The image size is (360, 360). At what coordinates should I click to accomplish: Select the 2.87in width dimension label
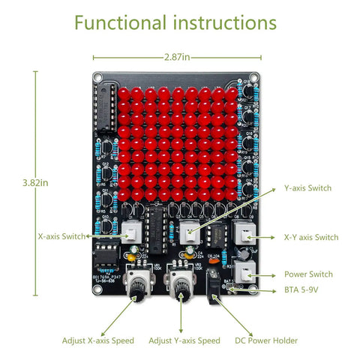[177, 57]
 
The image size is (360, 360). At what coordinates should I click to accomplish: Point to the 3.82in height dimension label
[35, 183]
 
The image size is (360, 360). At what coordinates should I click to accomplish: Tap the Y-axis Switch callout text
[307, 188]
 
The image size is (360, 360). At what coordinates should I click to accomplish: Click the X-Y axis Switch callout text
[311, 237]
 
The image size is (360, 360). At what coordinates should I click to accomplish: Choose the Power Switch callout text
[308, 274]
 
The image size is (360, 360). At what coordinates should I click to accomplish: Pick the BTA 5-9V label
[301, 289]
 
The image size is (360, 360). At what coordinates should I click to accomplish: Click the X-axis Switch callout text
[61, 236]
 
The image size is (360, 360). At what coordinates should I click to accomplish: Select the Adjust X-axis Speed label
[98, 340]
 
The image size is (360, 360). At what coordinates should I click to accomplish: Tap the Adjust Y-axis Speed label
[184, 340]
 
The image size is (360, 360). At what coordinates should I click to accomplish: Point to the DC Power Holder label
[266, 340]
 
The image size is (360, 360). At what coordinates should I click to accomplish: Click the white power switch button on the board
[244, 271]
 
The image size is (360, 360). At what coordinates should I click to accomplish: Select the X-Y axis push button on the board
[245, 233]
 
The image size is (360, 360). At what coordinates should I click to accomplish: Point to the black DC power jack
[213, 286]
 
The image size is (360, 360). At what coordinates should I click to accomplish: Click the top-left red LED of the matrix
[124, 94]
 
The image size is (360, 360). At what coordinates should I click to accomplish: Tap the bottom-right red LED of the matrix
[231, 194]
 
